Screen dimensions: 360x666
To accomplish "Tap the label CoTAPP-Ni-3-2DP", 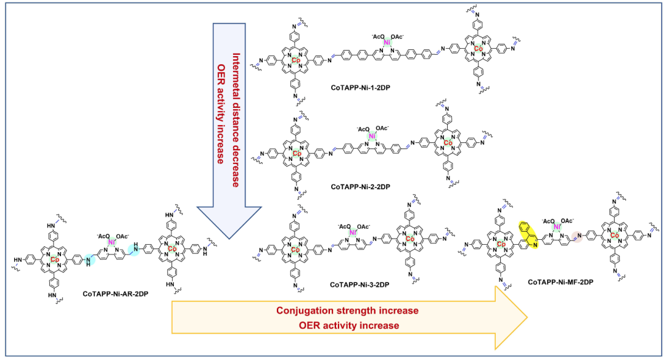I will click(x=359, y=285).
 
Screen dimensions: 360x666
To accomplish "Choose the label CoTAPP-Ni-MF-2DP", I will click(x=559, y=282).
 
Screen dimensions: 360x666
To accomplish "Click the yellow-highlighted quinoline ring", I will click(x=528, y=234).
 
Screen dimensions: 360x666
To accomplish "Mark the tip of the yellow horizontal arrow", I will click(x=527, y=317).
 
